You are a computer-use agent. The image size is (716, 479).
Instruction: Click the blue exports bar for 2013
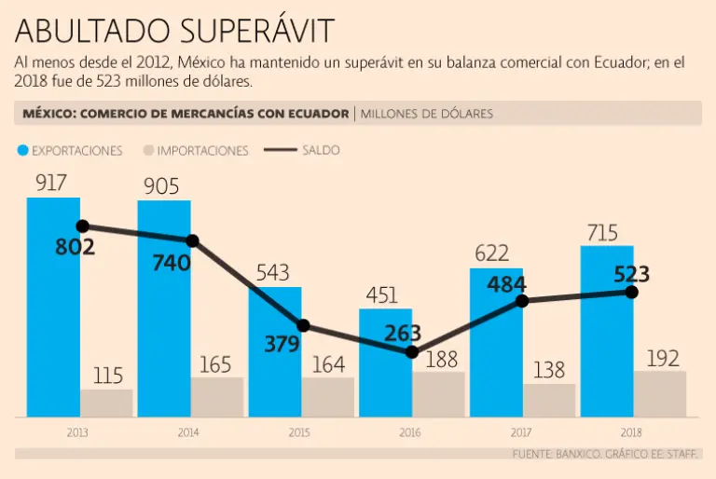click(53, 308)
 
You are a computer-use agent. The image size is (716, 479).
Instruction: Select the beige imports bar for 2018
click(660, 393)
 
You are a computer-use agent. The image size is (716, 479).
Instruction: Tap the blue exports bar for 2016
click(385, 363)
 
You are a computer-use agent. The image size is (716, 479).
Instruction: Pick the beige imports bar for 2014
click(217, 396)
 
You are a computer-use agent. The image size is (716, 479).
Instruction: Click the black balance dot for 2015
click(303, 325)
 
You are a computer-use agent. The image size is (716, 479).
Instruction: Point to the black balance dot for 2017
click(522, 300)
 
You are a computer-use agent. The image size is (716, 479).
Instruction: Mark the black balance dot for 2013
click(82, 226)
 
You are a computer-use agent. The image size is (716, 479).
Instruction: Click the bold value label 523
click(631, 274)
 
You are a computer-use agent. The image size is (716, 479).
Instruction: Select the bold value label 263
click(403, 334)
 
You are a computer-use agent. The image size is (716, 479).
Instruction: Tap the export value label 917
click(51, 184)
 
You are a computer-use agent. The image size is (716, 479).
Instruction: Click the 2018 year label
click(631, 431)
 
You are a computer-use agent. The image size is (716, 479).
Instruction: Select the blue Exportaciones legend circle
click(22, 150)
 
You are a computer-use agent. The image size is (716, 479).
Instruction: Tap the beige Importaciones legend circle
click(148, 150)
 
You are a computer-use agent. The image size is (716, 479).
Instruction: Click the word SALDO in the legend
click(321, 149)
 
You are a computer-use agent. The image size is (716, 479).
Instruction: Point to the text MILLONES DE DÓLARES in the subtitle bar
click(426, 114)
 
